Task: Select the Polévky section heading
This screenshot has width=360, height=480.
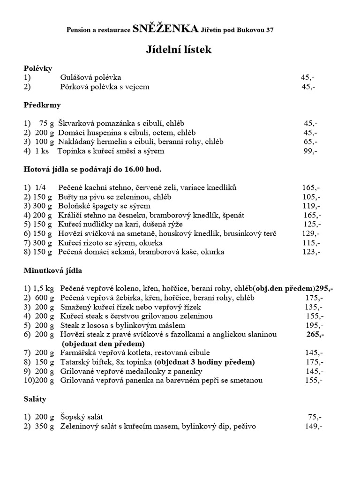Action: point(37,68)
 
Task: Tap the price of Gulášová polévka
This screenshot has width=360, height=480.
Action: point(308,77)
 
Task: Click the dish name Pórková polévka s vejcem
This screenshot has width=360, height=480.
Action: point(105,87)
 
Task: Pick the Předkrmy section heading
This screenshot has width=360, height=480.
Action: point(42,105)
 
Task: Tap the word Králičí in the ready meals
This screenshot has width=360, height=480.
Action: point(70,215)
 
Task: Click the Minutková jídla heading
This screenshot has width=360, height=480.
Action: point(54,270)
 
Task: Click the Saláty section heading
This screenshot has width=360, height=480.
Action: point(35,399)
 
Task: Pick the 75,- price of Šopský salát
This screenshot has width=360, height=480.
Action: point(315,417)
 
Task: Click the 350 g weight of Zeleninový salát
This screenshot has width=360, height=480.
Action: point(45,427)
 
